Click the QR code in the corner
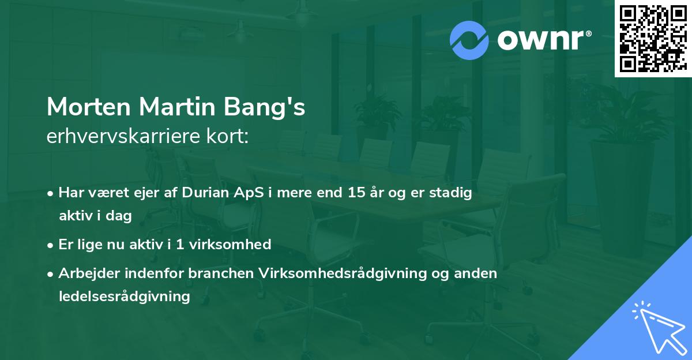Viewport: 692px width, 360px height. tap(653, 38)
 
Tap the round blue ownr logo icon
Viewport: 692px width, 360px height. tap(469, 40)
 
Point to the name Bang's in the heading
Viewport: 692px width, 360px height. tap(272, 107)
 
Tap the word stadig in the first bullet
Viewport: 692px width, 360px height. tap(452, 193)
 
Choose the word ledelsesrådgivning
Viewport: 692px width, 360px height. tap(124, 297)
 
